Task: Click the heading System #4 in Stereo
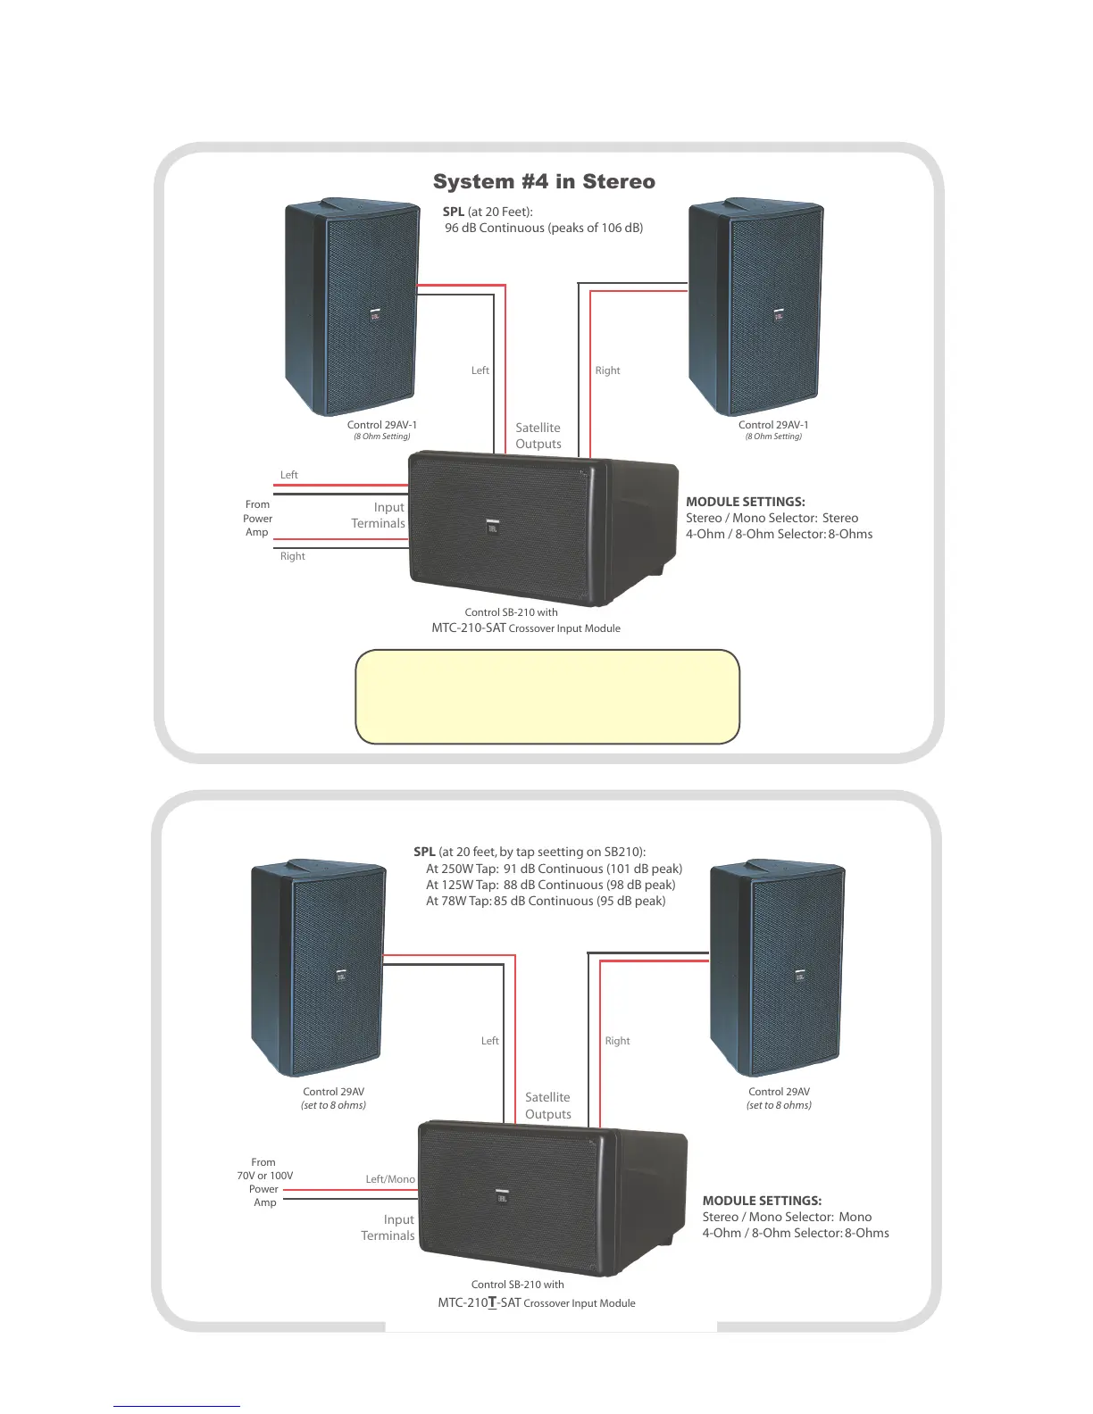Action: pyautogui.click(x=544, y=182)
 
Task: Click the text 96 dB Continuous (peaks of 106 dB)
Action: pyautogui.click(x=544, y=229)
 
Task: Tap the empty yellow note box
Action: pyautogui.click(x=547, y=696)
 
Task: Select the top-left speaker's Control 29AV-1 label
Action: pyautogui.click(x=382, y=425)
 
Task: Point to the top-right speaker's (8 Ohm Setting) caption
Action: pyautogui.click(x=773, y=437)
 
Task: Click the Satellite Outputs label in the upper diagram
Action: pyautogui.click(x=538, y=436)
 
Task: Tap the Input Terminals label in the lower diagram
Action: pyautogui.click(x=388, y=1227)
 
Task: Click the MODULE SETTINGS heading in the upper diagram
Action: pyautogui.click(x=746, y=502)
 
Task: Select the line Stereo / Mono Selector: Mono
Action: pyautogui.click(x=787, y=1217)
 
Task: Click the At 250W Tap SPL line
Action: pyautogui.click(x=554, y=869)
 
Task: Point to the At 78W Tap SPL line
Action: pyautogui.click(x=546, y=901)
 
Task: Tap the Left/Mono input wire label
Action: pyautogui.click(x=390, y=1179)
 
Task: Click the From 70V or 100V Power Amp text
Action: pyautogui.click(x=264, y=1182)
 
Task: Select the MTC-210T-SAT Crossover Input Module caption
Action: pyautogui.click(x=537, y=1302)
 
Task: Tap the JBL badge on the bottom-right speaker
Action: pyautogui.click(x=800, y=977)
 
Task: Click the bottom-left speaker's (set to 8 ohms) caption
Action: pyautogui.click(x=333, y=1105)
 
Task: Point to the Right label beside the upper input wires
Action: pyautogui.click(x=292, y=556)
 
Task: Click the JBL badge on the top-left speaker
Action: pyautogui.click(x=375, y=316)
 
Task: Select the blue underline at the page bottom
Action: pyautogui.click(x=177, y=1406)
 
